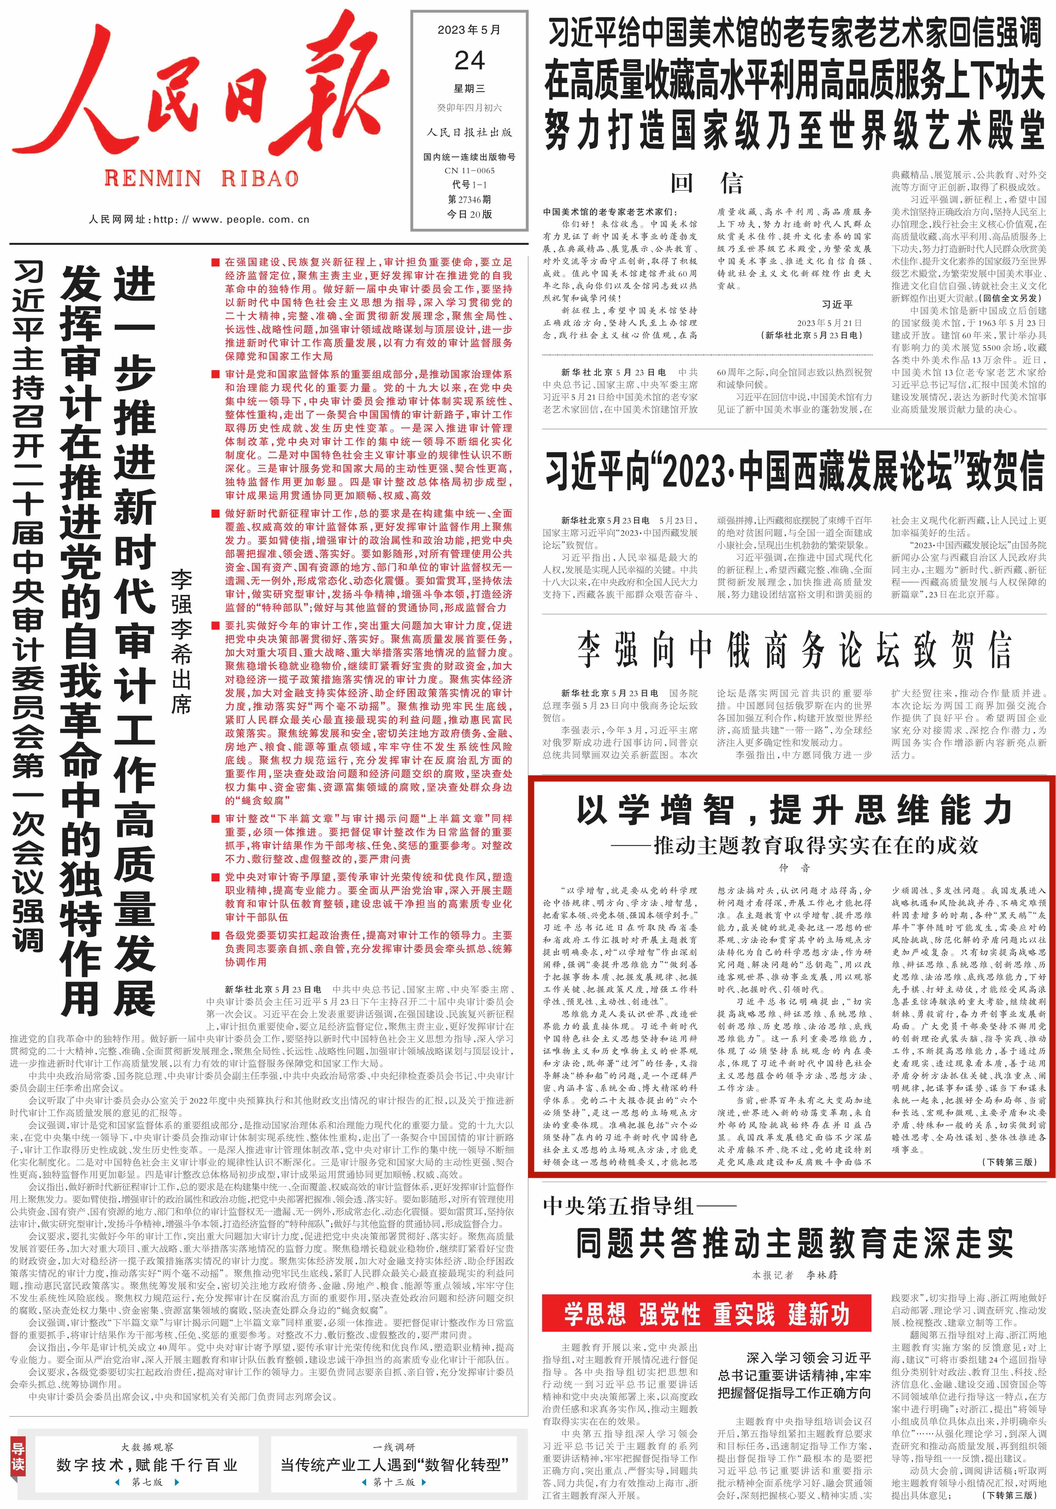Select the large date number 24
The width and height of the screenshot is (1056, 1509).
tap(469, 61)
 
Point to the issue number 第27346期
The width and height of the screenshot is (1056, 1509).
tap(469, 199)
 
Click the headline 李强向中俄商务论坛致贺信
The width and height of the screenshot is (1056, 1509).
tap(794, 650)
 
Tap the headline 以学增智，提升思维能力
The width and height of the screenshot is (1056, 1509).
tap(794, 810)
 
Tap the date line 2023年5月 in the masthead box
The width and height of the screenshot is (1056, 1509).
tap(469, 30)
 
